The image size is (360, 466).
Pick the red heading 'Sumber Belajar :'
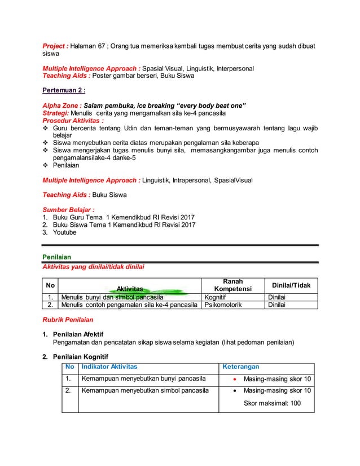69,209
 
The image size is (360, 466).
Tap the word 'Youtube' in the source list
64,232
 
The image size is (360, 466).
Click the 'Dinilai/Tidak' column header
291,285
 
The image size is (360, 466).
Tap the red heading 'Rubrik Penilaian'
68,319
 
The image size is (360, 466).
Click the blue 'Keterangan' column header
241,367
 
